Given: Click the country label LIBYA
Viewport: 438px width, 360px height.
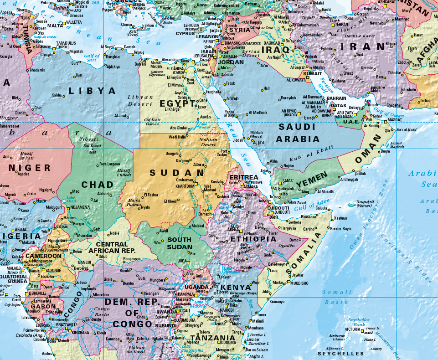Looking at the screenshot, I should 93,91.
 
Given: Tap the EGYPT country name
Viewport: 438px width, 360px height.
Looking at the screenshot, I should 178,103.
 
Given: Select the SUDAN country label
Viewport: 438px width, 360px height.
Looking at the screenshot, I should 177,173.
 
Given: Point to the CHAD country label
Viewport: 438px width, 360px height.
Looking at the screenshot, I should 97,185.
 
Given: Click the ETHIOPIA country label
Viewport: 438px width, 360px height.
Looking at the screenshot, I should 253,239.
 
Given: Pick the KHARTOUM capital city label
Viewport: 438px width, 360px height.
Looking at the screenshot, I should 185,186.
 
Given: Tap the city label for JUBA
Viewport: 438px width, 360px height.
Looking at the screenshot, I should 182,261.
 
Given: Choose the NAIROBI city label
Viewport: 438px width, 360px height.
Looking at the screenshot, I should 227,310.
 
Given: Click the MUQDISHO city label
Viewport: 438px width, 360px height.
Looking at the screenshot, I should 299,283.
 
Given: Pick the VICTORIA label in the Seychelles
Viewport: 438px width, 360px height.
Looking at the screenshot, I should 353,329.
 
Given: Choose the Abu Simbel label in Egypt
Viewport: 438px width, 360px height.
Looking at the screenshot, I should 179,128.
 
